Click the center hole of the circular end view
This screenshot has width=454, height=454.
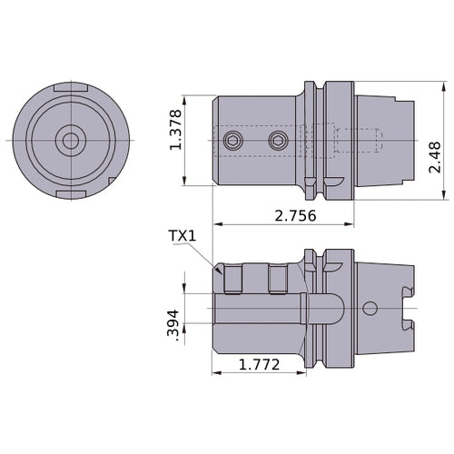tap(69, 141)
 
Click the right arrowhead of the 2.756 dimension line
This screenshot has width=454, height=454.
tap(350, 223)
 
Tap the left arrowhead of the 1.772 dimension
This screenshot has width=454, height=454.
tap(215, 373)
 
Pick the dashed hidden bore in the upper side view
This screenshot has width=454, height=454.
tap(354, 141)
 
